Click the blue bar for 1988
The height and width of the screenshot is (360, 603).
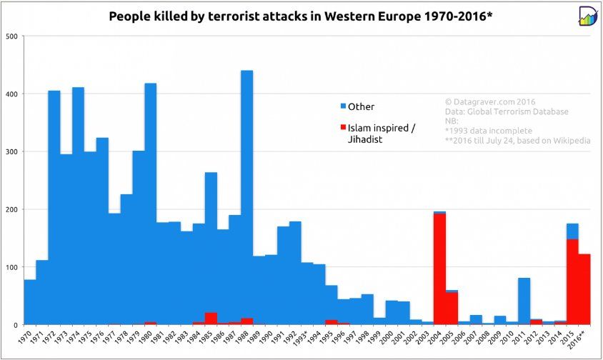[246, 193]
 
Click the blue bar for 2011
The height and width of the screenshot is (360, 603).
[524, 300]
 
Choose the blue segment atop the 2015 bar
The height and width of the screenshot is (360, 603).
[572, 231]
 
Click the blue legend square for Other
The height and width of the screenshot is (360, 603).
[343, 106]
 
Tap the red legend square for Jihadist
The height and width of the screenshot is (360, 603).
[343, 128]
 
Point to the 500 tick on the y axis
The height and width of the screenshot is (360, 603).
[11, 36]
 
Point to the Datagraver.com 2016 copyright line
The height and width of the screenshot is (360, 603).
[490, 101]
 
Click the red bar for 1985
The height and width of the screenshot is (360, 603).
[211, 319]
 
